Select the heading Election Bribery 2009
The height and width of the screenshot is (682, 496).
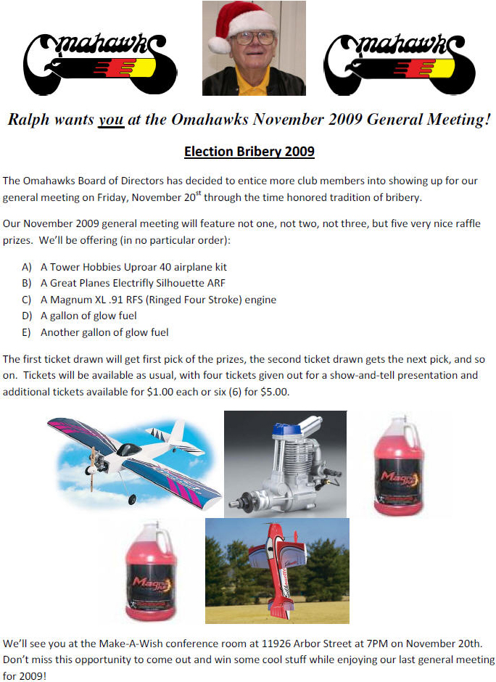pos(249,152)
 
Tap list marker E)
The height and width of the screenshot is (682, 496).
pos(28,332)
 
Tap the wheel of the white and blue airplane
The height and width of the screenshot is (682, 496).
pos(131,499)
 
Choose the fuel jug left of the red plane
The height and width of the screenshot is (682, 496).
pos(151,573)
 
